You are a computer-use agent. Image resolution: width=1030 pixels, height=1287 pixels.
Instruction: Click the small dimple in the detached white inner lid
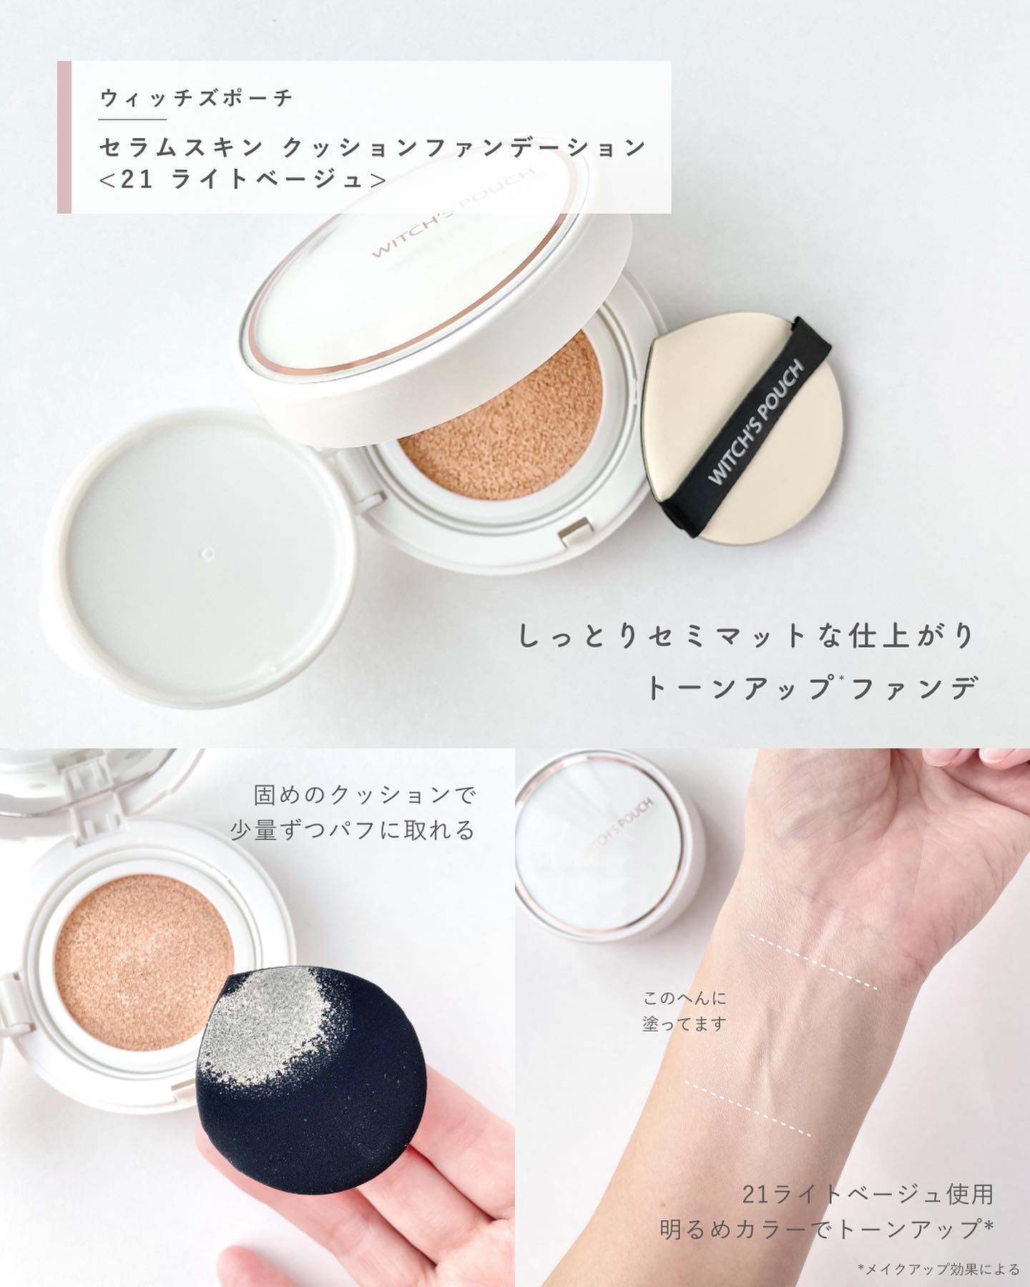coord(208,553)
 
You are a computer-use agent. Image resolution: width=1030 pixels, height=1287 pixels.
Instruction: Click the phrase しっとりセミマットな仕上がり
coord(746,636)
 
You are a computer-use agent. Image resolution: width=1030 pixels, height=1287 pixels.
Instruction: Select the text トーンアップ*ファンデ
coord(812,688)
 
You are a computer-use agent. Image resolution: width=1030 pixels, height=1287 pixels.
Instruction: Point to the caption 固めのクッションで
coord(365,794)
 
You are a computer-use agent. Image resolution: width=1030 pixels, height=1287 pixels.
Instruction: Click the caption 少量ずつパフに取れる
coord(353,829)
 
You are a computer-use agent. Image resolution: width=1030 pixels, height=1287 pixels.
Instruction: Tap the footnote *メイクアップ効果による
coord(938,1269)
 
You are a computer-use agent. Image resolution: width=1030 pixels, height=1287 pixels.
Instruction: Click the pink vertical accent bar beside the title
coord(64,137)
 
